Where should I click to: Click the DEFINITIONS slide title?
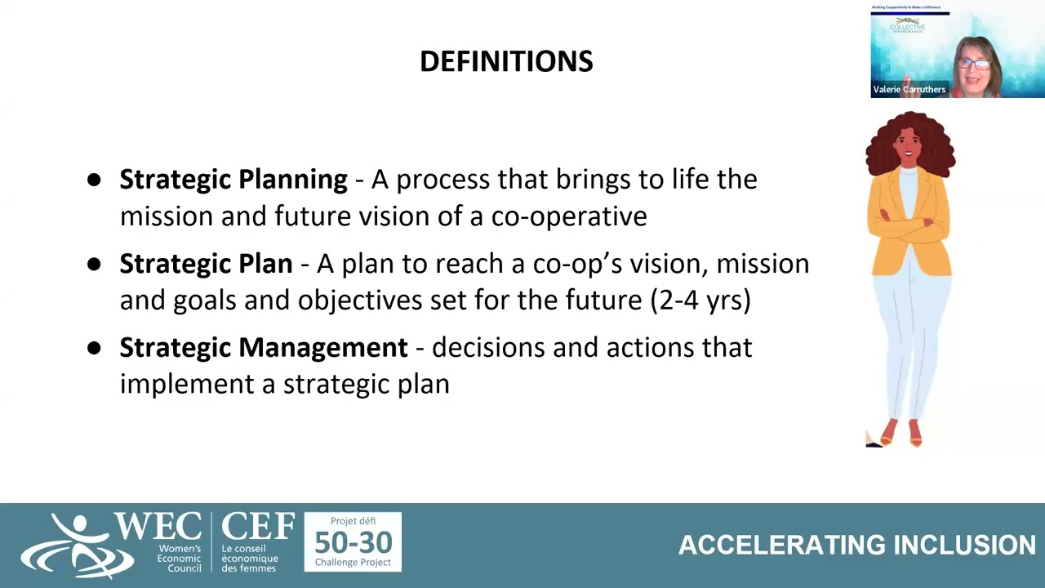[x=506, y=61]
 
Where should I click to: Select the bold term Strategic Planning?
[x=233, y=180]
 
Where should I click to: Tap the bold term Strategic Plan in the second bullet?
[x=206, y=264]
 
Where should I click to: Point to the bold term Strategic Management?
[x=263, y=348]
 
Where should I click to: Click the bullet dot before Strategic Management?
[x=94, y=348]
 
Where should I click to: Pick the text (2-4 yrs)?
[x=700, y=300]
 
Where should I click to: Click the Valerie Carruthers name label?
[x=909, y=90]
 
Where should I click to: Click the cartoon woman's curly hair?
[x=910, y=143]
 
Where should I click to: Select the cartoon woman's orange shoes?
[x=901, y=433]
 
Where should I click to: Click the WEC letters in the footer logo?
[x=158, y=528]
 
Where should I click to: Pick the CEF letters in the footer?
[x=257, y=527]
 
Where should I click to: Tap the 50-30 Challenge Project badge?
[x=353, y=541]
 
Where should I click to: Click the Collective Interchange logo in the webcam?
[x=907, y=27]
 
